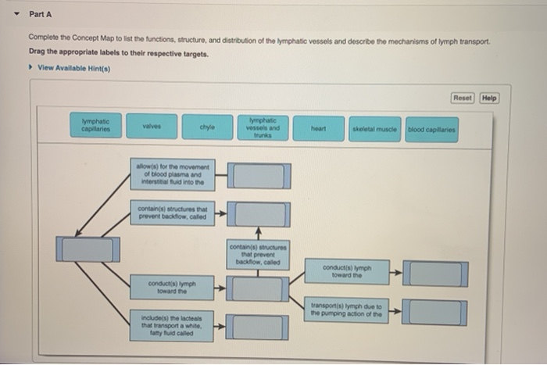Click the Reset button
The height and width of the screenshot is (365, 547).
pyautogui.click(x=463, y=98)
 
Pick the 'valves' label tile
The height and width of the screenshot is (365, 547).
pyautogui.click(x=152, y=127)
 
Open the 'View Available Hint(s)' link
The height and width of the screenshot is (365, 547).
pyautogui.click(x=77, y=68)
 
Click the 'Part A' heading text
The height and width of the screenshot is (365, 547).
pyautogui.click(x=39, y=14)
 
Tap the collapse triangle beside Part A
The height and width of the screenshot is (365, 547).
pyautogui.click(x=15, y=14)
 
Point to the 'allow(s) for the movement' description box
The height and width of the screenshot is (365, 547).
pyautogui.click(x=173, y=174)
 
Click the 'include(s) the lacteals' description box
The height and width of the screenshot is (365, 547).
pyautogui.click(x=173, y=321)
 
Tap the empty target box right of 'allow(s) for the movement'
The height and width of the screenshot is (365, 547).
pyautogui.click(x=261, y=175)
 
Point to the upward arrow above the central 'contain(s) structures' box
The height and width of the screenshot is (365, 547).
pyautogui.click(x=258, y=231)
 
